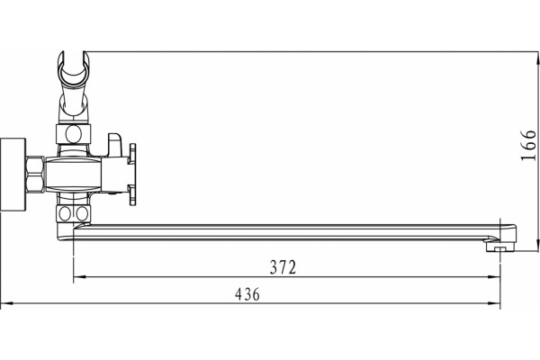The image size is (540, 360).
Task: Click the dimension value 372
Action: (x=283, y=267)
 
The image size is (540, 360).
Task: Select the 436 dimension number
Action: (x=247, y=294)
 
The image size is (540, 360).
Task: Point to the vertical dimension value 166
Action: (x=528, y=145)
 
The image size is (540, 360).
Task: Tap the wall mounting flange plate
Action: (x=13, y=175)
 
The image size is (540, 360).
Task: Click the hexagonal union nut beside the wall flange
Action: (x=35, y=175)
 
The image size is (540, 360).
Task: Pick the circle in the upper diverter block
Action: (x=74, y=134)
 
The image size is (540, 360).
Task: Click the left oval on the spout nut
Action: (x=65, y=213)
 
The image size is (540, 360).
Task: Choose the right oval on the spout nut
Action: (x=82, y=213)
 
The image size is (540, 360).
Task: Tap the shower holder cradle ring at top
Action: (x=74, y=69)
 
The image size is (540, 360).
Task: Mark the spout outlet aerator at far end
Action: (x=499, y=247)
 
